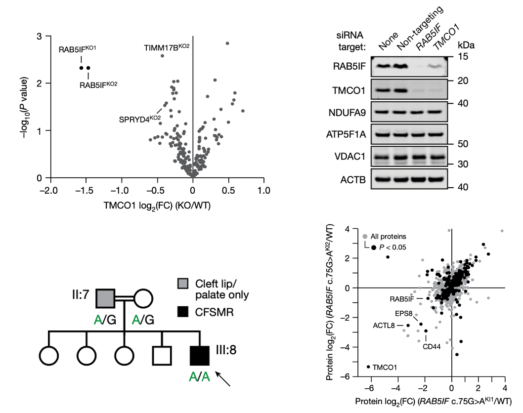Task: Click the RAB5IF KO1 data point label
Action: pos(77,49)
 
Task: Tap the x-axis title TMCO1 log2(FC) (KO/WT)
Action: pos(156,205)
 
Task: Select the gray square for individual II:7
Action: pos(105,298)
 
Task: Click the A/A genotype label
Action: pos(200,377)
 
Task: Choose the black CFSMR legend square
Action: pos(184,312)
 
